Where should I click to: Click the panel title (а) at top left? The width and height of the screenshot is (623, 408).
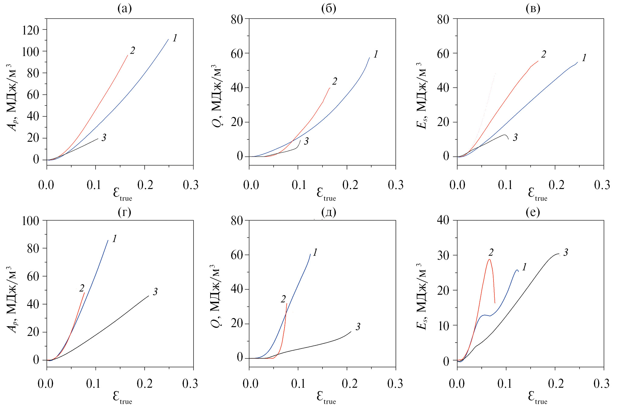pos(124,9)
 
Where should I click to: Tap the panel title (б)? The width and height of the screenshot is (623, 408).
pos(328,9)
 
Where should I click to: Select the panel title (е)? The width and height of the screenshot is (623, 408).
pos(533,212)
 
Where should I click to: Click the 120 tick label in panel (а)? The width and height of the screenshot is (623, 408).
pos(31,30)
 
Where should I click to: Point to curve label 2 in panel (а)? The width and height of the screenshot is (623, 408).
pos(132,51)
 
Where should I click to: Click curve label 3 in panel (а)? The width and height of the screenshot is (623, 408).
pos(104,138)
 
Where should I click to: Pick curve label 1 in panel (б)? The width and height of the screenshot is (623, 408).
pos(376,55)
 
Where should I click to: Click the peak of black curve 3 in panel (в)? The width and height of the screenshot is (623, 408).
pos(504,135)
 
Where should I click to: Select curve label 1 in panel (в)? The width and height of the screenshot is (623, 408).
pos(584,58)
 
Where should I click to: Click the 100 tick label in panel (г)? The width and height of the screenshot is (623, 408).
pos(31,221)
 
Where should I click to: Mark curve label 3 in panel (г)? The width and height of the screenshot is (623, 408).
pos(155,292)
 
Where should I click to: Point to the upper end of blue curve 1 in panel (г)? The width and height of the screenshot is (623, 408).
pos(108,240)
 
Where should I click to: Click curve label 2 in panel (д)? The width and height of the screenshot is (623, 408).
pos(283,299)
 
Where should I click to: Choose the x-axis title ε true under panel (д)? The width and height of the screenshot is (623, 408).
pos(326,397)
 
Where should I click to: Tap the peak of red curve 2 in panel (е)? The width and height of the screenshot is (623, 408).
pos(489,259)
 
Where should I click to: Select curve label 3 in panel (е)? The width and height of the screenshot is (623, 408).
pos(565,253)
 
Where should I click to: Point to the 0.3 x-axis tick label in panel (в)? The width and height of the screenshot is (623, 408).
pos(602,185)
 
